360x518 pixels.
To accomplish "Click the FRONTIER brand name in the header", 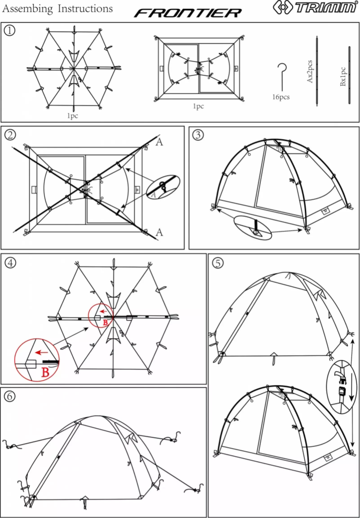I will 188,13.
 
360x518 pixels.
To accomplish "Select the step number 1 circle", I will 9,30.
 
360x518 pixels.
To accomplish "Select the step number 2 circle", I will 9,134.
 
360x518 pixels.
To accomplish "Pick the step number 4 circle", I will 9,262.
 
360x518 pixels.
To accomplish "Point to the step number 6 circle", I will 9,396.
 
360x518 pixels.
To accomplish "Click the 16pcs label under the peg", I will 281,97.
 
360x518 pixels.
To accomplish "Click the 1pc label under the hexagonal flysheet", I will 73,115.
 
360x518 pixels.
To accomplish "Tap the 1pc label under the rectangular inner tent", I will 198,106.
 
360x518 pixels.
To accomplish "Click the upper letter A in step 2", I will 159,143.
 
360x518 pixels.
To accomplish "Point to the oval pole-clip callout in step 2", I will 162,187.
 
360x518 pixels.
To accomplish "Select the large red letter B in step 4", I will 45,371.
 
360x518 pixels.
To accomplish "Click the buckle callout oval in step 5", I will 342,386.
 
